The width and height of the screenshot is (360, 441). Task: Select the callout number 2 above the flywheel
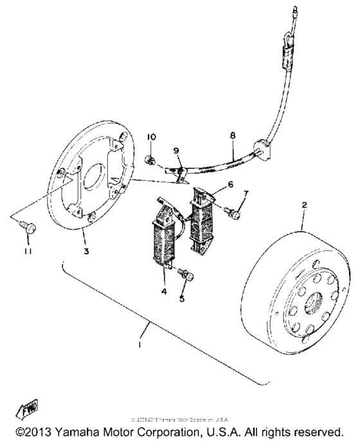click(x=304, y=205)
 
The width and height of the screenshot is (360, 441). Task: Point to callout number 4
click(x=164, y=291)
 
